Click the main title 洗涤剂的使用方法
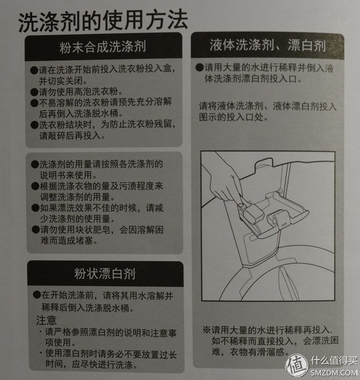coord(102,22)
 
